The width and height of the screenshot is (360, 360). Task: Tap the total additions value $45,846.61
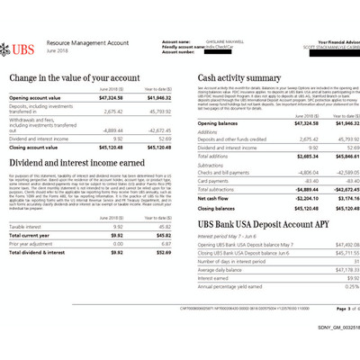(338, 157)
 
